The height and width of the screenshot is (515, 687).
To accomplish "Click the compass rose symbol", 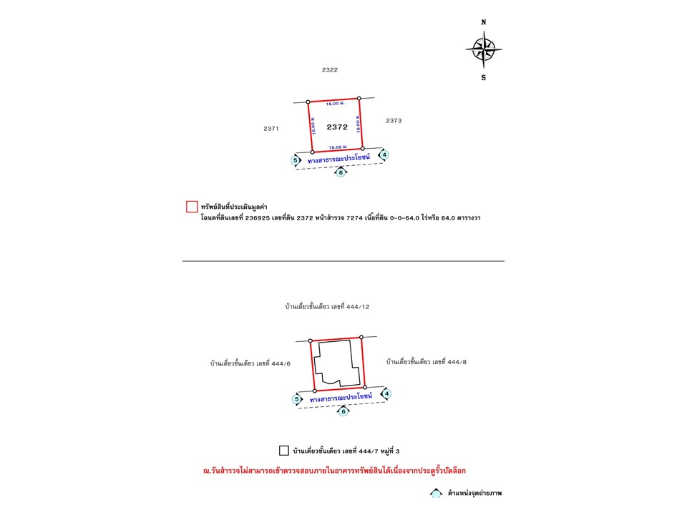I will pyautogui.click(x=483, y=49).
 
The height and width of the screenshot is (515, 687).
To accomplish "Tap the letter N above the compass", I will pyautogui.click(x=484, y=22).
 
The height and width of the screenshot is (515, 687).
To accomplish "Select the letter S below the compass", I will pyautogui.click(x=484, y=77).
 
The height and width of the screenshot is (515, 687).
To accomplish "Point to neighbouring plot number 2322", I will pyautogui.click(x=330, y=70).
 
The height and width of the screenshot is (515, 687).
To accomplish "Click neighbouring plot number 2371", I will pyautogui.click(x=271, y=128).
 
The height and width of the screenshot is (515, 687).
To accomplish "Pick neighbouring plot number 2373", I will pyautogui.click(x=394, y=121).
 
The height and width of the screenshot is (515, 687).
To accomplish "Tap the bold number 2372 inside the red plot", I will pyautogui.click(x=336, y=127).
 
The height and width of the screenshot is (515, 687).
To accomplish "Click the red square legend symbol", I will pyautogui.click(x=192, y=207).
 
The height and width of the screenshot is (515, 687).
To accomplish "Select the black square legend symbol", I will pyautogui.click(x=283, y=451).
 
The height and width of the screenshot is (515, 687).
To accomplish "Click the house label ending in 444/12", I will pyautogui.click(x=327, y=306).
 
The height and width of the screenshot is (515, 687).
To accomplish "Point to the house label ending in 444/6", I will pyautogui.click(x=250, y=363).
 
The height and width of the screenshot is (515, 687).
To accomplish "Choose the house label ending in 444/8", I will pyautogui.click(x=426, y=362).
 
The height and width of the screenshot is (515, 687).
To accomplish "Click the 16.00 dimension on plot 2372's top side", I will pyautogui.click(x=333, y=104).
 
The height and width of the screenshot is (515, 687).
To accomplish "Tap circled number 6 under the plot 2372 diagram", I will pyautogui.click(x=341, y=172).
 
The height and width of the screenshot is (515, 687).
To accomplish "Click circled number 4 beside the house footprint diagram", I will pyautogui.click(x=386, y=393).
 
